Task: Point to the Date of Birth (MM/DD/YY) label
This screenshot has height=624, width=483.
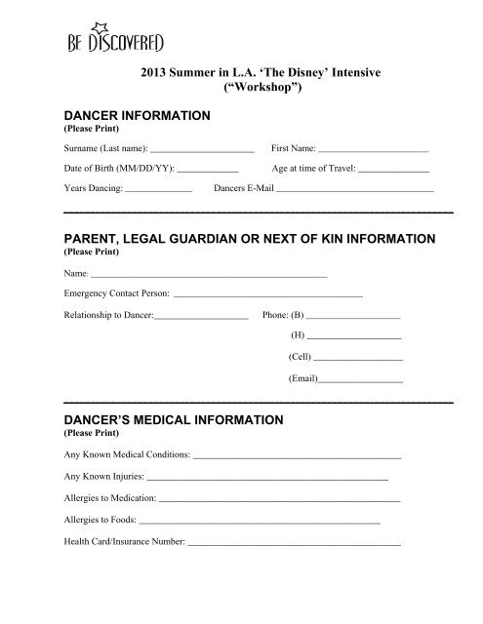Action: coord(105,170)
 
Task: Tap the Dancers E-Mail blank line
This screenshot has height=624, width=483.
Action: coord(354,190)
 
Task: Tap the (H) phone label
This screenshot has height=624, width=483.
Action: coord(298,335)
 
